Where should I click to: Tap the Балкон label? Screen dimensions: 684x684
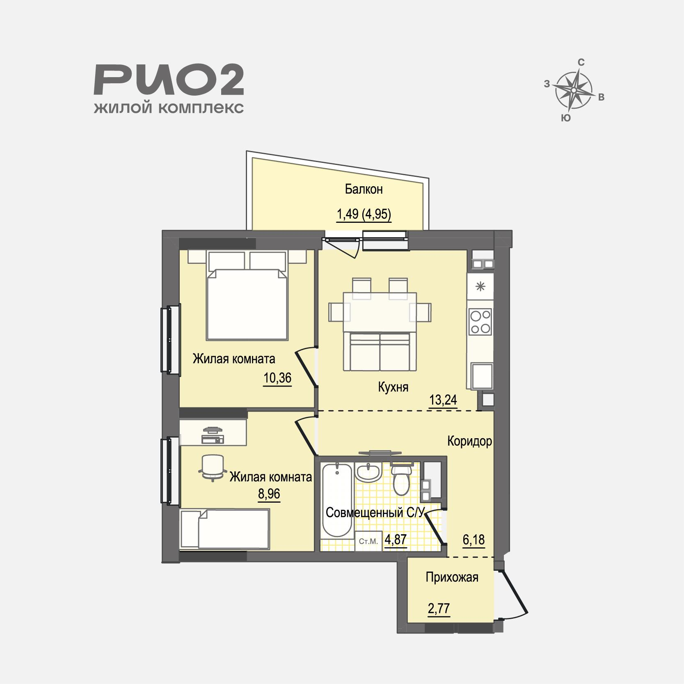[x=364, y=189]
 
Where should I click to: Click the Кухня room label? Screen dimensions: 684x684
[x=393, y=387]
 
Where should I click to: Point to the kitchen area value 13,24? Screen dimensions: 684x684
[x=443, y=400]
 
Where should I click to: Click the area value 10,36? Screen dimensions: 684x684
[x=277, y=377]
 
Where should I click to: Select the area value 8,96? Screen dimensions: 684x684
[x=269, y=494]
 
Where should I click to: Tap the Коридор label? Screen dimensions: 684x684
[x=469, y=442]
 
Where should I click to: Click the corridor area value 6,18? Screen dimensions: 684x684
[x=474, y=540]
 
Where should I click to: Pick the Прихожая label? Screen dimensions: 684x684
[x=452, y=578]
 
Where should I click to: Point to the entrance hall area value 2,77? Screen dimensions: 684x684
[x=439, y=609]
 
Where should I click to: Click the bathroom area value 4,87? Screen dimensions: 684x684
[x=396, y=539]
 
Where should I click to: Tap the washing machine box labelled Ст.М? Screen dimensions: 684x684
[x=368, y=541]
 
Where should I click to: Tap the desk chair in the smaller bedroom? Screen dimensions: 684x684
[x=213, y=467]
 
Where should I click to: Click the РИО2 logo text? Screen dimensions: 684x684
[x=169, y=81]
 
